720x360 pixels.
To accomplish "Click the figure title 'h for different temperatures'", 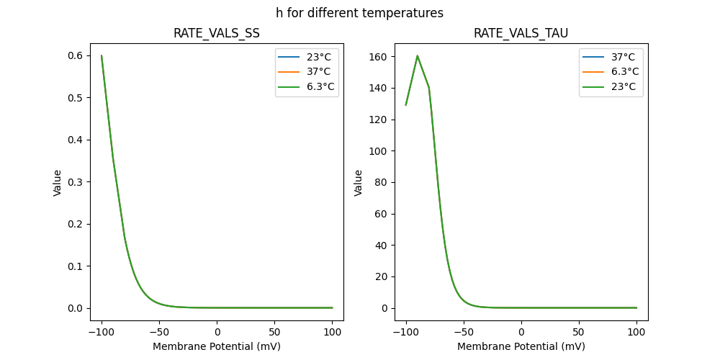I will click(359, 13).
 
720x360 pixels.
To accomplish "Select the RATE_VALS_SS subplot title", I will click(217, 34).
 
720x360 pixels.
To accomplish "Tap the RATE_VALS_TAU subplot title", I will click(521, 34).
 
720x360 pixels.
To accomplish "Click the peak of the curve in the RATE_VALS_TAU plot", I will click(418, 56).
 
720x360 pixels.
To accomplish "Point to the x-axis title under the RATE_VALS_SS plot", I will click(217, 346).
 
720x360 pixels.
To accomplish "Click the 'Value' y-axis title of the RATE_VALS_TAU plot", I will click(358, 183).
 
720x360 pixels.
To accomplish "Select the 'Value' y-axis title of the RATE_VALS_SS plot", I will click(57, 183).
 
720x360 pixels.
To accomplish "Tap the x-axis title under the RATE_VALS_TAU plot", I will click(521, 346).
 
